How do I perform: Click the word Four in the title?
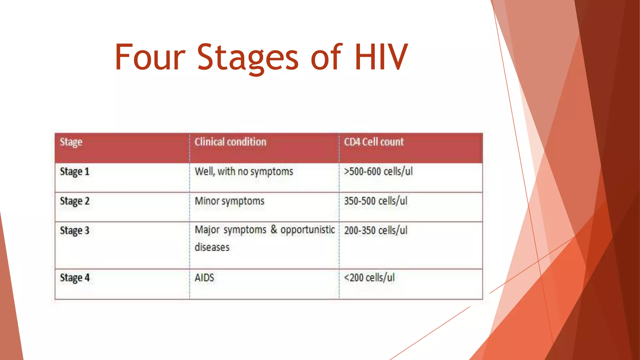point(150,57)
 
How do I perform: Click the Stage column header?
point(71,142)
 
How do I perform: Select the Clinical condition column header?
point(230,142)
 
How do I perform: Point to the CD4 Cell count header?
point(374,142)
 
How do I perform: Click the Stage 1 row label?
point(75,172)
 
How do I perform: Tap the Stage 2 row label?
point(75,201)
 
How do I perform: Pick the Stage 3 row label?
point(75,231)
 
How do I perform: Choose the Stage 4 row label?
point(75,278)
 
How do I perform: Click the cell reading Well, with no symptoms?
point(244,172)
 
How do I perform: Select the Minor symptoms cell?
point(229,201)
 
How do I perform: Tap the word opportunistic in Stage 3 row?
point(307,230)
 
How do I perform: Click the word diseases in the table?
point(212,247)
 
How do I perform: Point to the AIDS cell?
point(204,278)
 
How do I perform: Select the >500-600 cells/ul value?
point(378,172)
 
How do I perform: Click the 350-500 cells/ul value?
point(376,201)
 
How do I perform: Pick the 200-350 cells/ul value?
point(376,231)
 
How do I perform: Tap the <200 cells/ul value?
point(369,278)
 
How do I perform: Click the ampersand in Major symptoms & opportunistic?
point(274,229)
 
